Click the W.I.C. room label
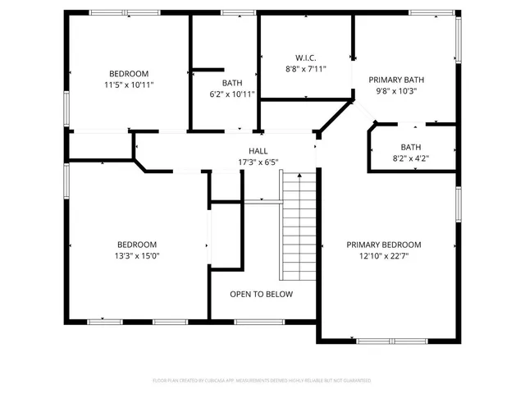(306, 58)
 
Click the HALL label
(258, 151)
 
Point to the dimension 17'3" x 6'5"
(258, 163)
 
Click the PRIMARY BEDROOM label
(383, 245)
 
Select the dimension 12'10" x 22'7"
(383, 256)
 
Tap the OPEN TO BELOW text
(261, 294)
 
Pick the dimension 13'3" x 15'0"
(137, 256)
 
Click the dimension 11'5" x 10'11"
(130, 85)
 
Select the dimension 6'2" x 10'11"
(232, 94)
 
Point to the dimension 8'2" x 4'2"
(411, 158)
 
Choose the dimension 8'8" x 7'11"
(306, 70)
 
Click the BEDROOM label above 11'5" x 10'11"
(130, 72)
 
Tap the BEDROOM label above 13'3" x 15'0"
(137, 245)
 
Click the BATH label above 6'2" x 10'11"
(232, 83)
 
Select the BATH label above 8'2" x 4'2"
(411, 147)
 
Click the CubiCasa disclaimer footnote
(262, 380)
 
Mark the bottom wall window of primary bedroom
(392, 341)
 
